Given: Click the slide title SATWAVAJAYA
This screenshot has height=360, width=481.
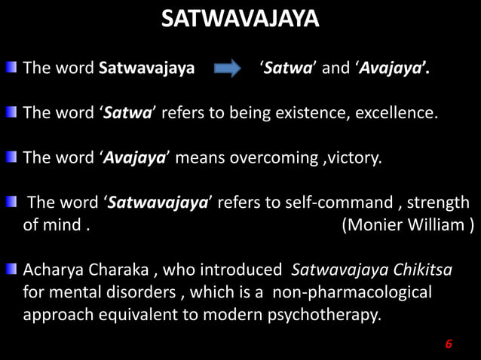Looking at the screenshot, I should (x=240, y=19).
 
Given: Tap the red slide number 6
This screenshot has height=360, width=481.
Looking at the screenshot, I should (x=449, y=344).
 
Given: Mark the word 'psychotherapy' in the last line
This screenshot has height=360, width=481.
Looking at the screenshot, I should (x=324, y=313).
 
